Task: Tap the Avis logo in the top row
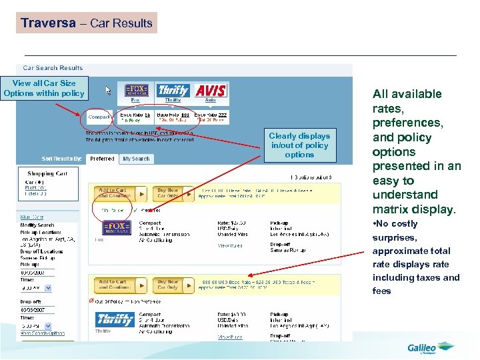[x=211, y=91]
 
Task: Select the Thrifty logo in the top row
[x=173, y=91]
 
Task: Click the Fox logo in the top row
[x=137, y=91]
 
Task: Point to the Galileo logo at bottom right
[x=430, y=347]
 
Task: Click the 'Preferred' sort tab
[x=102, y=159]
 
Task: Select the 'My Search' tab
[x=136, y=159]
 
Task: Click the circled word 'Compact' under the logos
[x=99, y=117]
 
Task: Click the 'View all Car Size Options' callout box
[x=44, y=88]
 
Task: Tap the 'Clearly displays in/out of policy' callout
[x=299, y=145]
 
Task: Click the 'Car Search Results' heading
[x=53, y=68]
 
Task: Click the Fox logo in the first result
[x=116, y=227]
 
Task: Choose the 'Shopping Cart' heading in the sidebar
[x=47, y=173]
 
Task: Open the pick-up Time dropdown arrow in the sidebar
[x=47, y=288]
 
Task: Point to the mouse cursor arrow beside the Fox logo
[x=109, y=89]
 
